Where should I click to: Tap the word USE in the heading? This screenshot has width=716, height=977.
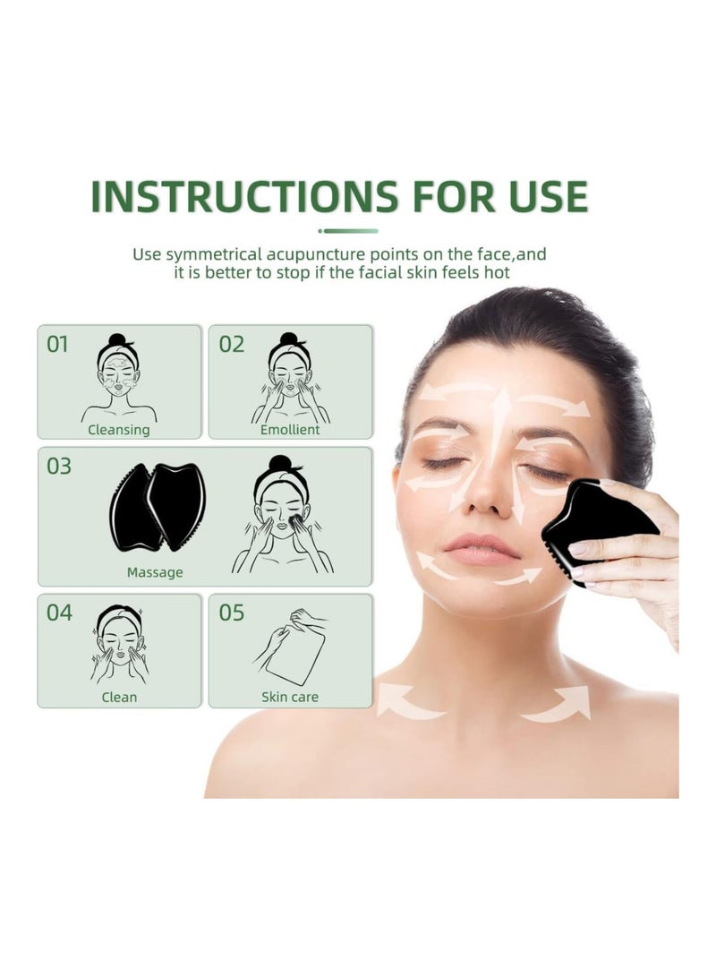(x=541, y=197)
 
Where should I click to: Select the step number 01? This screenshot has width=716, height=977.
(x=57, y=344)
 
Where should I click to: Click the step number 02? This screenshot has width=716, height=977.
(x=231, y=344)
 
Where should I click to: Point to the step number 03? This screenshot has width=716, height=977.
(x=59, y=467)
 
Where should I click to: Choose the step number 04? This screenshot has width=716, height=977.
(x=59, y=613)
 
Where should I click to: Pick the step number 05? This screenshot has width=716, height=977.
(x=231, y=613)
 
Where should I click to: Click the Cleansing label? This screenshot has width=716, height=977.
(x=119, y=430)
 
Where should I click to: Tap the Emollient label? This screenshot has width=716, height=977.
(x=290, y=430)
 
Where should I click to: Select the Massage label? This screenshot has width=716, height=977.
(x=155, y=572)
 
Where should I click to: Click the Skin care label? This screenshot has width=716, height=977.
(x=290, y=697)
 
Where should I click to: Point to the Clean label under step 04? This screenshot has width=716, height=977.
(x=119, y=697)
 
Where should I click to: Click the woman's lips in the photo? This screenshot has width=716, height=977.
(x=483, y=548)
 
